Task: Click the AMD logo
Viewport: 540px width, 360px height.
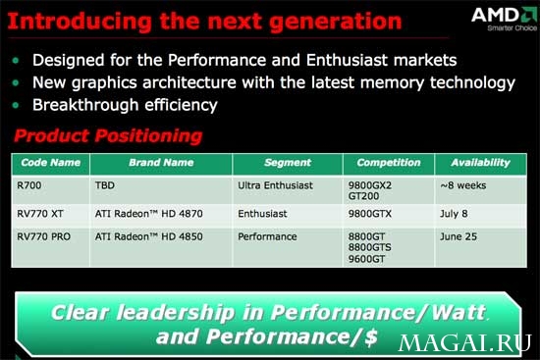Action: [x=505, y=19]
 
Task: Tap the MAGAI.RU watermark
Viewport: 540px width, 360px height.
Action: [x=464, y=342]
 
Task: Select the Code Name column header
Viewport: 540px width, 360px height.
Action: [x=51, y=163]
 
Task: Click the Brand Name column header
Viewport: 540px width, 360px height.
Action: [x=161, y=163]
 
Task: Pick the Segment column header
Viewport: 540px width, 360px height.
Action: [x=288, y=163]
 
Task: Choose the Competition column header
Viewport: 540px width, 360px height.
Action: [x=389, y=163]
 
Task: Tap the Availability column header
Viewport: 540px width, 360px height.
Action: [x=481, y=163]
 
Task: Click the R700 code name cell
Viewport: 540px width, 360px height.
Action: [x=28, y=185]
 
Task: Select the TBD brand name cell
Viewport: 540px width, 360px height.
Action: [x=105, y=185]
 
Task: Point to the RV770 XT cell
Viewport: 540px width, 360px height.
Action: [x=40, y=214]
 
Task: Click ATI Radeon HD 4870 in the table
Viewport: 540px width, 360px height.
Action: [x=149, y=214]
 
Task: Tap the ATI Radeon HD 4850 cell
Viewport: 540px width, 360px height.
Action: [x=149, y=236]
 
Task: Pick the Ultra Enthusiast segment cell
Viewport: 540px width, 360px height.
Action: [x=275, y=185]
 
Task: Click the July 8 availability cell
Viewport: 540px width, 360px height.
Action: [x=454, y=214]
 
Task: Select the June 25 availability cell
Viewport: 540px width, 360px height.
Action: [x=459, y=236]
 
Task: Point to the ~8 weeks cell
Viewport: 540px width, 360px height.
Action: [x=462, y=185]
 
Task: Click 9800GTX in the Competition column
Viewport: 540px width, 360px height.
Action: [x=370, y=214]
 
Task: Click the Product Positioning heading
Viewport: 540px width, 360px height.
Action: [x=108, y=135]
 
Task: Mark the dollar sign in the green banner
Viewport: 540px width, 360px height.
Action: [x=370, y=337]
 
